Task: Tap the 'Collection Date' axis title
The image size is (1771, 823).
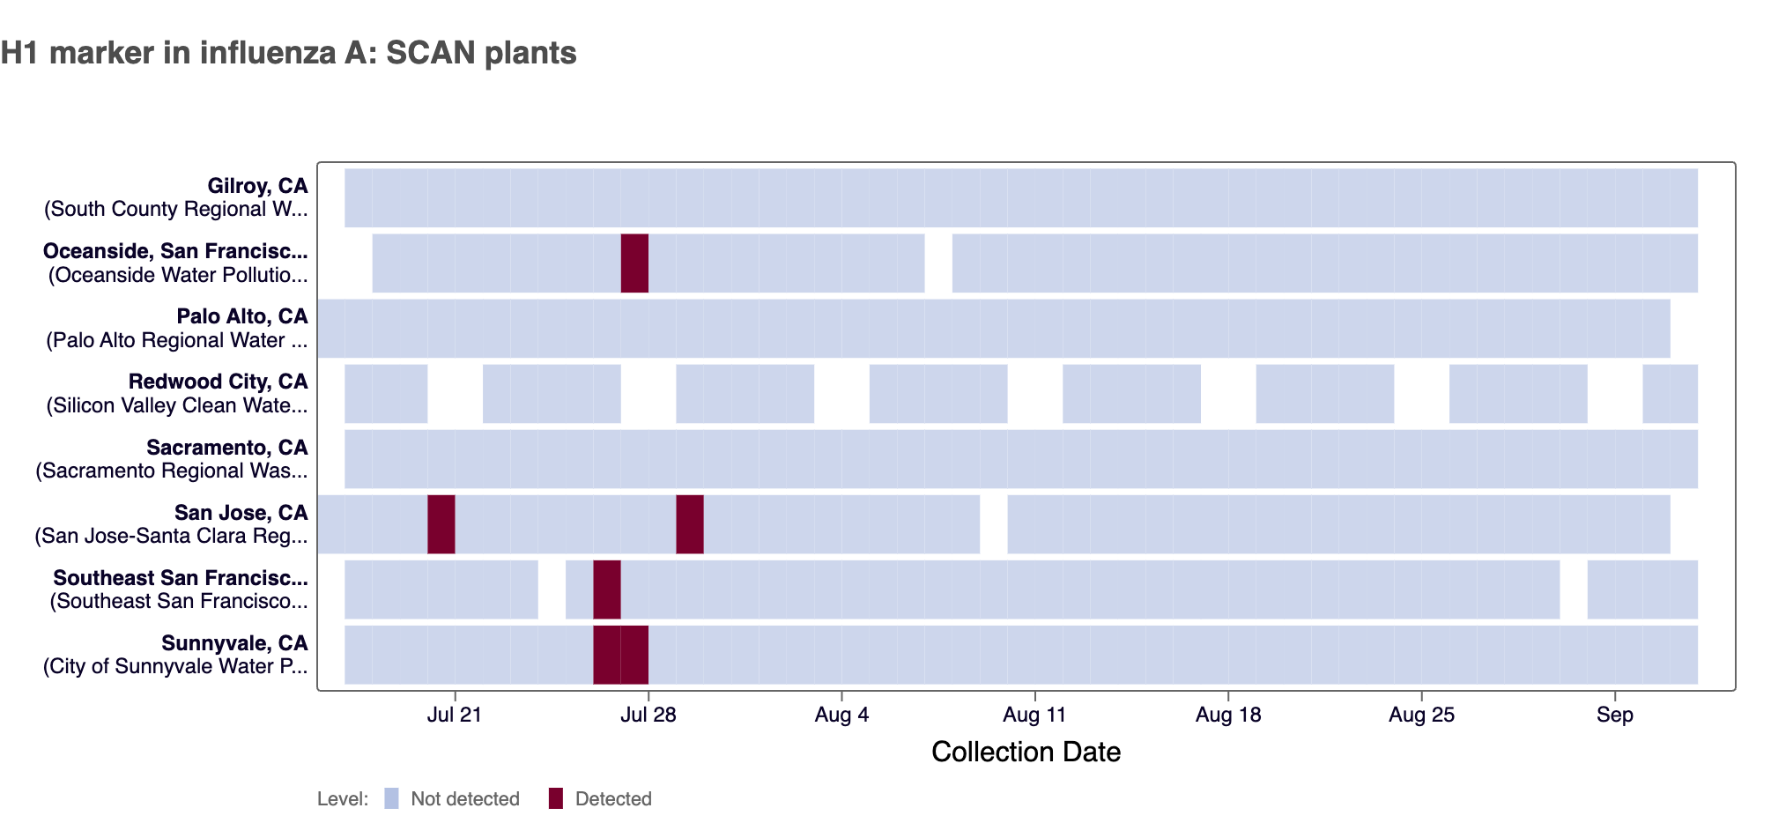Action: point(1026,752)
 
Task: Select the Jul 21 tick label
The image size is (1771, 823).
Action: point(455,715)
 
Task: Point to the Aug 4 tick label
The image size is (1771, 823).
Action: point(841,715)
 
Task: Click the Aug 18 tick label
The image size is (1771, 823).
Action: point(1228,715)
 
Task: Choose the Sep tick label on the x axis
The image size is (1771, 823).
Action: point(1615,715)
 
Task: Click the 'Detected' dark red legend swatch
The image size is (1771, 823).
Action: point(555,798)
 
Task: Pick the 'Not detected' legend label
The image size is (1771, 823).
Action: point(465,799)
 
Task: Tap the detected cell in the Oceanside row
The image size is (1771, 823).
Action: point(634,263)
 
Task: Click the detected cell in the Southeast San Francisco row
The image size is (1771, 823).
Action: point(607,589)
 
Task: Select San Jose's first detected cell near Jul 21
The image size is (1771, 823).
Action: point(441,524)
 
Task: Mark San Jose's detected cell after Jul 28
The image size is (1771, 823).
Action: point(690,524)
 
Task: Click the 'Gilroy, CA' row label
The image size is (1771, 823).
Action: point(257,186)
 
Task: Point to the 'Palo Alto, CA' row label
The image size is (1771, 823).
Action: point(242,316)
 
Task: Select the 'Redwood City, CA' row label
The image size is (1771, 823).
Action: point(219,382)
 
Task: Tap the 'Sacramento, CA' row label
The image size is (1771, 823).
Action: point(227,448)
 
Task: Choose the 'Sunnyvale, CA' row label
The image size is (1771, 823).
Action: point(234,643)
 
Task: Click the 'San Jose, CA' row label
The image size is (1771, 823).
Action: point(241,513)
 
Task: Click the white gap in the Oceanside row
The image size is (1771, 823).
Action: point(938,263)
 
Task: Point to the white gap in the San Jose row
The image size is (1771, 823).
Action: point(994,524)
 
